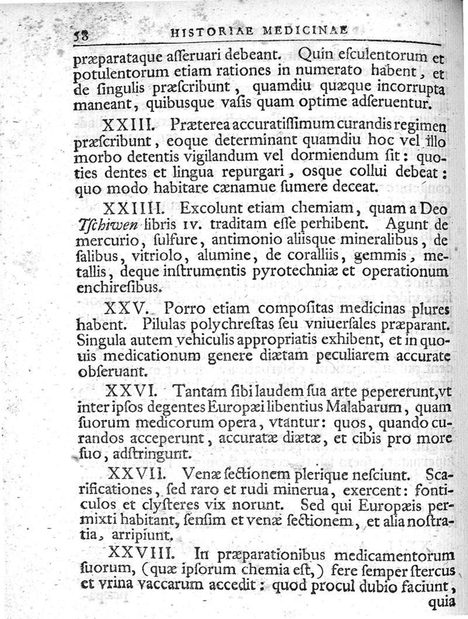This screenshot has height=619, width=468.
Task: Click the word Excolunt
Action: click(212, 208)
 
